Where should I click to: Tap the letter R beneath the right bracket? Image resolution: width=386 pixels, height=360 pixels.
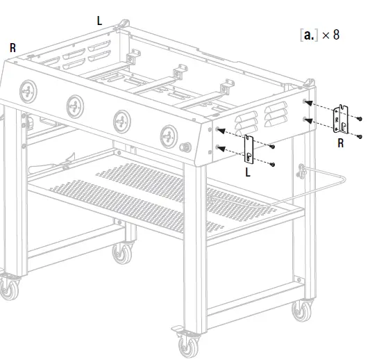pos(340,143)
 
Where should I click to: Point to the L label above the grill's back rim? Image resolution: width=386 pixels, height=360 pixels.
pos(99,21)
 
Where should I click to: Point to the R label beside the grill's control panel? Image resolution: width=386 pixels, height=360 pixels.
pos(12,48)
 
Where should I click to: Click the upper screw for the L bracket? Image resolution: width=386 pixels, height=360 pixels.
pos(274,147)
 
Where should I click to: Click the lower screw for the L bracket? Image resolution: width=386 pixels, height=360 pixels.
pos(273,164)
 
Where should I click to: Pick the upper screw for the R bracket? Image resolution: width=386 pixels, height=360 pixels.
pos(360,120)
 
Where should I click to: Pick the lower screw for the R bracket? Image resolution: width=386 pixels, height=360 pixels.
pos(360,136)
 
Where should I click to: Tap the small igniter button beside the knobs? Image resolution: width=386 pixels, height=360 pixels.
pos(185,148)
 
